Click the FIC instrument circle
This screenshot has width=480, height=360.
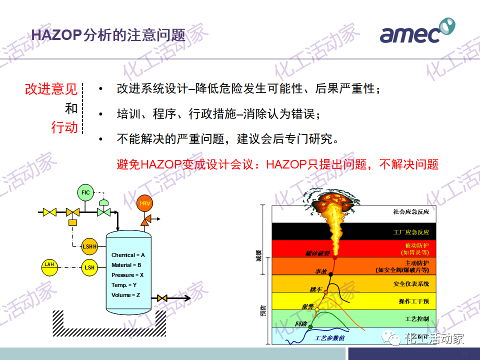(85, 192)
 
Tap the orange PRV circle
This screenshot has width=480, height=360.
(144, 203)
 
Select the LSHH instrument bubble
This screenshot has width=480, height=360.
(89, 246)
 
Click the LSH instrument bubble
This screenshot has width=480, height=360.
(89, 267)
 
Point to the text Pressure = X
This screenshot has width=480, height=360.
(127, 275)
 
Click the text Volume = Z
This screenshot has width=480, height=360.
(125, 295)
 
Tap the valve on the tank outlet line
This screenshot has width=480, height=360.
(161, 298)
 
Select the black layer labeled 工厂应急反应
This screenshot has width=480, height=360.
(410, 232)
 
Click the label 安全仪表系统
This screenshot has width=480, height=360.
(411, 284)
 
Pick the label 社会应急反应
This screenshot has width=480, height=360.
(411, 212)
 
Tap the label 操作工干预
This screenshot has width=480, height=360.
(410, 301)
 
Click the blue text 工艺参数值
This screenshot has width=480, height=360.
(329, 338)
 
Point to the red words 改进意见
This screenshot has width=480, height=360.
(51, 89)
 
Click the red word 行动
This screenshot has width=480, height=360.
(64, 127)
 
